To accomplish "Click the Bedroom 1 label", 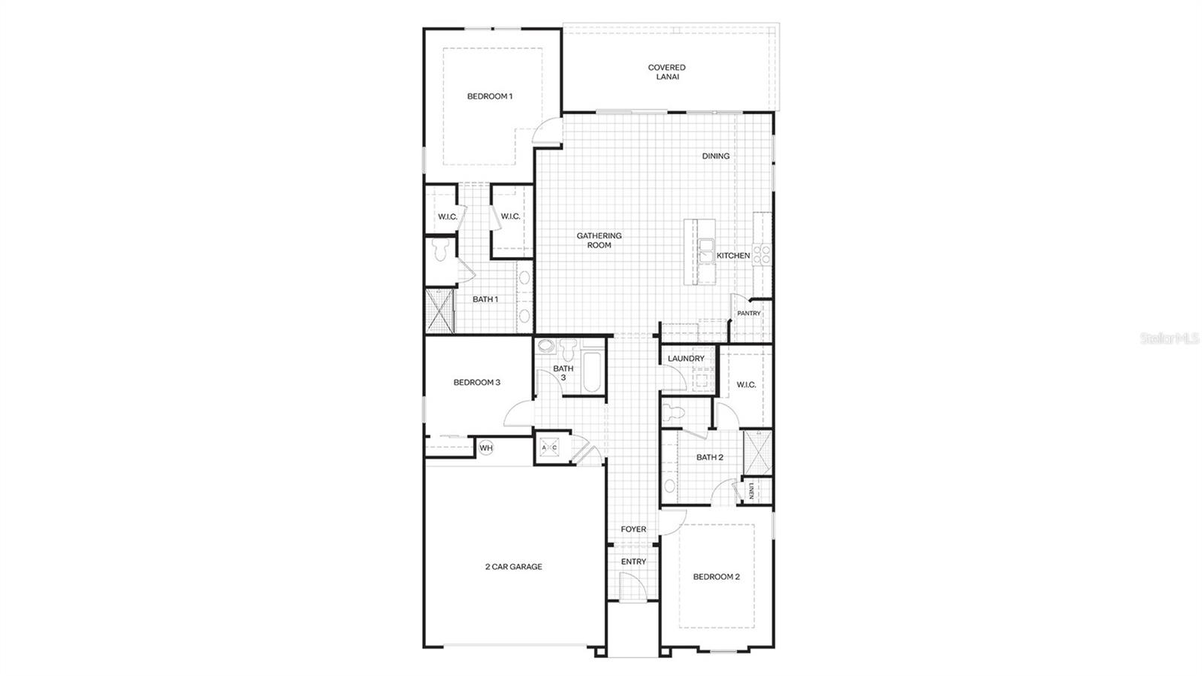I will coord(489,96).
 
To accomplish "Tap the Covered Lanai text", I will coord(666,72).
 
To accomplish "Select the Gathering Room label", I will coord(599,240).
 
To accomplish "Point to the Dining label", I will coord(715,156).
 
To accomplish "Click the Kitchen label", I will coord(732,256).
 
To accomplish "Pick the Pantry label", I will coord(748,314).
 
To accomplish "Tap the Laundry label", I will coord(686,359).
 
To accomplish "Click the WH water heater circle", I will coord(486,448).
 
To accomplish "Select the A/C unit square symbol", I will coord(549,448).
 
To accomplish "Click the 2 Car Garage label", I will coord(513,567).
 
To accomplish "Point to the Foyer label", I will coord(633,529).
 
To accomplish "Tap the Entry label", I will coord(633,562).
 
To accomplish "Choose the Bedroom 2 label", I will coord(716,577).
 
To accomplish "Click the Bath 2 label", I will coord(709,457).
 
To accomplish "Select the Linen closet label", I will coord(750,492).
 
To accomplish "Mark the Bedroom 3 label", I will coord(476,383).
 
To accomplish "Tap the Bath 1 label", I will coord(485,299).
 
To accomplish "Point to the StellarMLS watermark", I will coord(1170,339).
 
